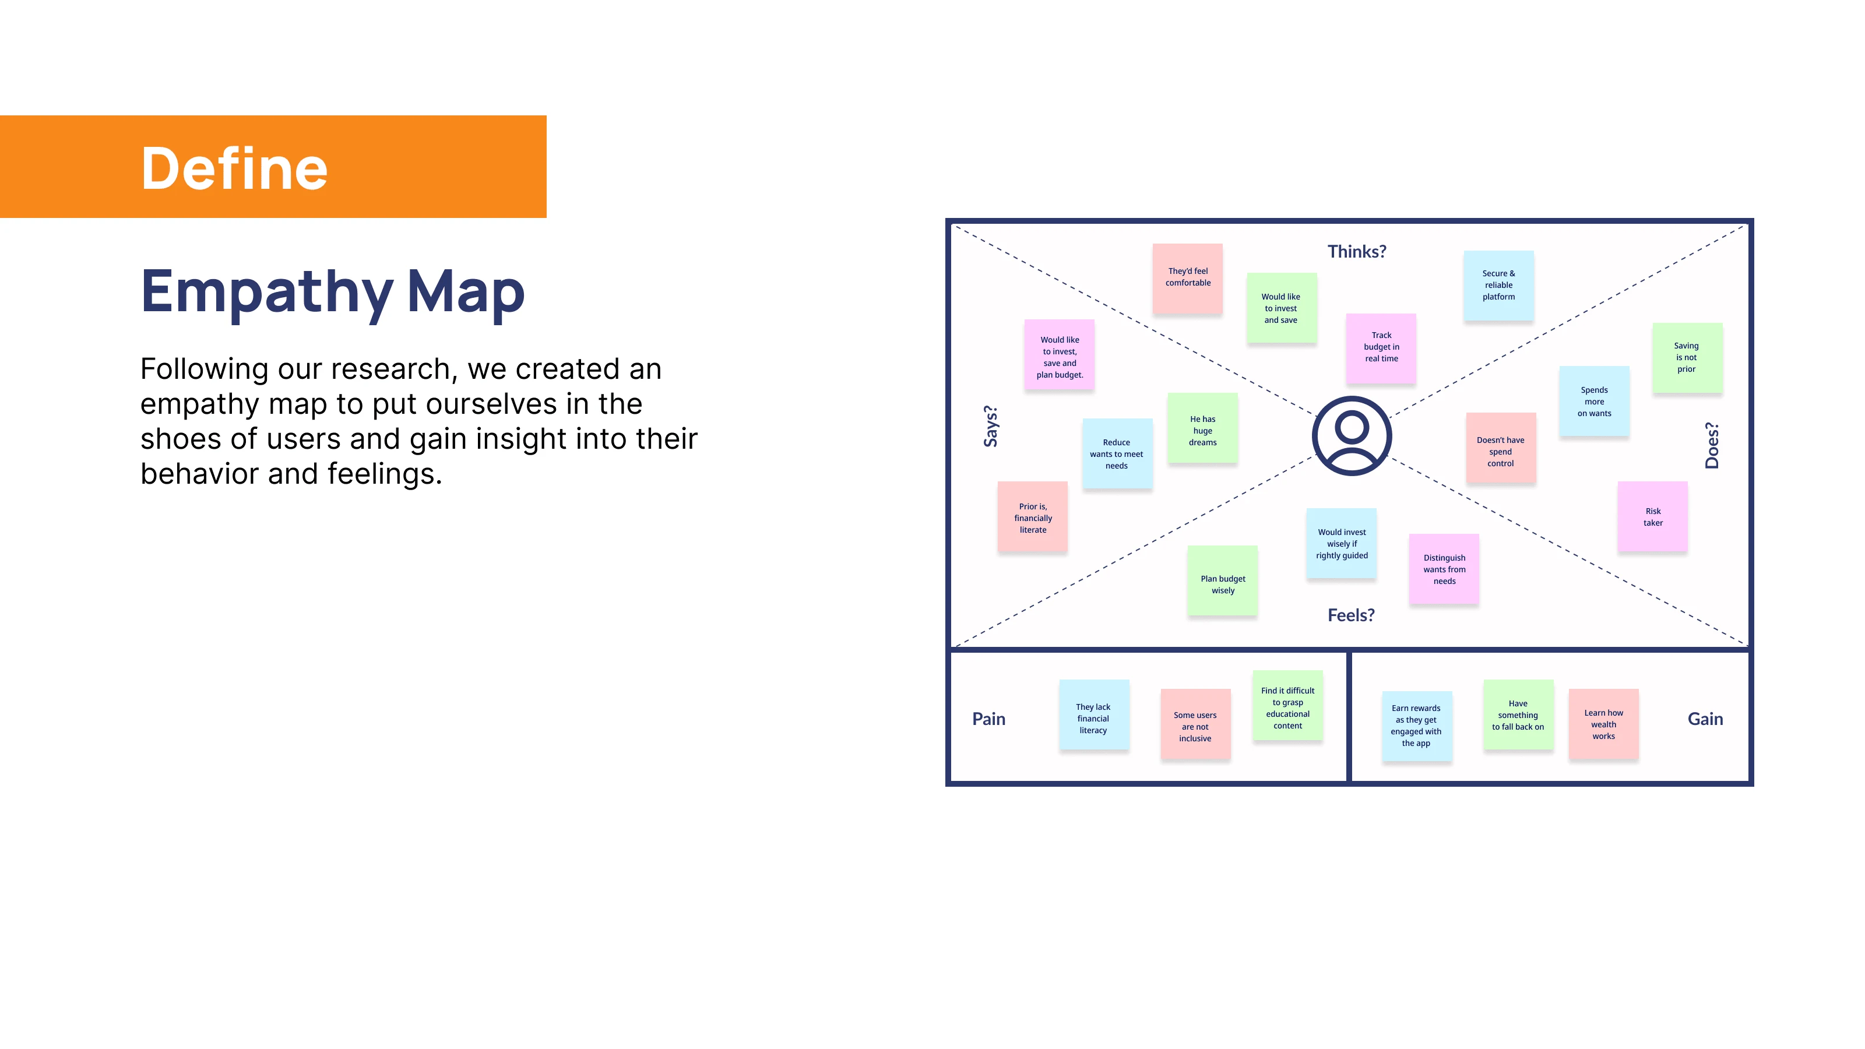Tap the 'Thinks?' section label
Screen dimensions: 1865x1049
point(1356,251)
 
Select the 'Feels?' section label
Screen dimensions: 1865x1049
point(1350,615)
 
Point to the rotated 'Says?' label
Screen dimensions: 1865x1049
point(990,427)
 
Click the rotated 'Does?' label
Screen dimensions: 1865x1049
point(1712,445)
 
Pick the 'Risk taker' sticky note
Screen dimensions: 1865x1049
point(1652,516)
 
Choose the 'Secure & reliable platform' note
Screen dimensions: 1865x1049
point(1498,285)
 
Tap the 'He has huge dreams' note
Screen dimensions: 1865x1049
point(1202,428)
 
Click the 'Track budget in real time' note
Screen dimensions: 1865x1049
point(1381,349)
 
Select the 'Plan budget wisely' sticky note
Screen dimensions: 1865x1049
point(1222,580)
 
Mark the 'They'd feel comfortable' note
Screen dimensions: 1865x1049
point(1187,279)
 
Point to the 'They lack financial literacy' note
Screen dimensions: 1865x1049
point(1094,714)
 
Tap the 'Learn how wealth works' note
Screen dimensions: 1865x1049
point(1603,724)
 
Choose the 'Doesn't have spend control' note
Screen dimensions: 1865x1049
point(1501,448)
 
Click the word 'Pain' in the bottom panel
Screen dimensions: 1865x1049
point(988,719)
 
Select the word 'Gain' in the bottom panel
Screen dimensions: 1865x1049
point(1705,719)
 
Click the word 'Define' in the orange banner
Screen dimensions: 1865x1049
point(234,168)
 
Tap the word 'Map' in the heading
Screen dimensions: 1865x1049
point(466,293)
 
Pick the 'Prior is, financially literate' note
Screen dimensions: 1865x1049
point(1032,517)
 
